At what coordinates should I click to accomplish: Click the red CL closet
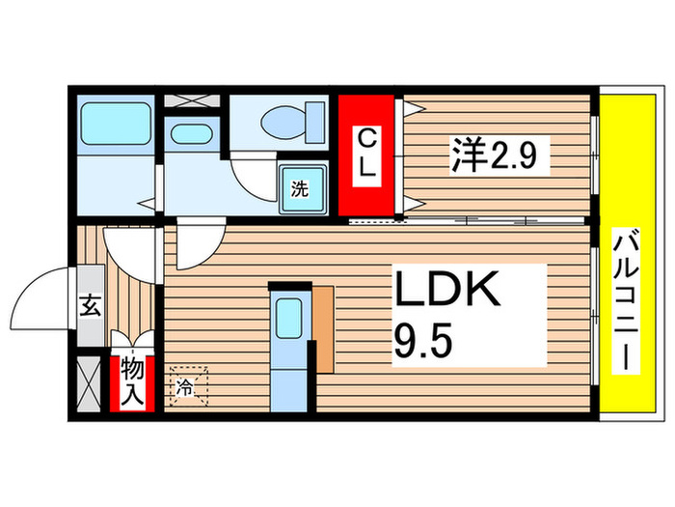click(366, 153)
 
